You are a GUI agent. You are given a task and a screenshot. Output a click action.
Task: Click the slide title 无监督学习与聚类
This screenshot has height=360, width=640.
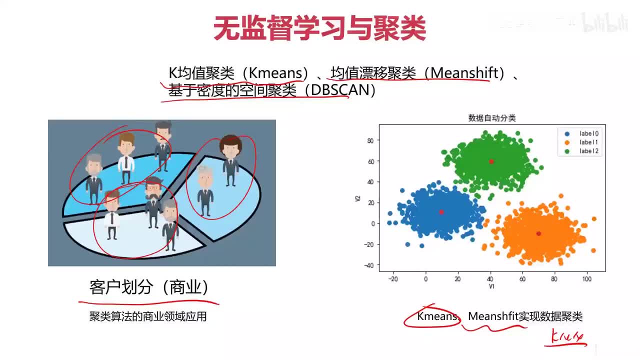tap(319, 28)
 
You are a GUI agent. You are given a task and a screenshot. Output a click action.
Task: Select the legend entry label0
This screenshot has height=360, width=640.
tap(588, 133)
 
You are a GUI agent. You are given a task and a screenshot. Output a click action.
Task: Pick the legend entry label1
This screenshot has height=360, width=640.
tap(588, 142)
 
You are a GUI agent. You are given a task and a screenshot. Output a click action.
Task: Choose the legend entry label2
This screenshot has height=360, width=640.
tap(588, 151)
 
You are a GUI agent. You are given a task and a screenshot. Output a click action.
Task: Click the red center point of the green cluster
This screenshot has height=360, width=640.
tap(491, 161)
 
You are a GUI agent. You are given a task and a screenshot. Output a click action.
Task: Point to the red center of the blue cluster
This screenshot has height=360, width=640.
tap(441, 212)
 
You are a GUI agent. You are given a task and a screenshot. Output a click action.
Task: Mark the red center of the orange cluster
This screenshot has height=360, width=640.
tap(538, 233)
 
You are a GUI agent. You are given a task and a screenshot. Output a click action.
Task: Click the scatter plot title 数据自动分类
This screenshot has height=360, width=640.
tap(492, 118)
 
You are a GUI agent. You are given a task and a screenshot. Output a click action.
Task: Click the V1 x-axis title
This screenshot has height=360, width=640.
tap(492, 286)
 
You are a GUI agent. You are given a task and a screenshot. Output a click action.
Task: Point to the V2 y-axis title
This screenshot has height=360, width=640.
tap(357, 198)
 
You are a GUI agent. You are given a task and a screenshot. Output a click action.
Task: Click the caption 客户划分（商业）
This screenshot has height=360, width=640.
tap(148, 287)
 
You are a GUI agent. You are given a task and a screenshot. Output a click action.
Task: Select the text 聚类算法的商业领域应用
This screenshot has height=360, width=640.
tap(148, 316)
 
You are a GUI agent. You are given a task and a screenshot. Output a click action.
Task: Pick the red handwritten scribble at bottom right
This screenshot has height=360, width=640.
tap(566, 336)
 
